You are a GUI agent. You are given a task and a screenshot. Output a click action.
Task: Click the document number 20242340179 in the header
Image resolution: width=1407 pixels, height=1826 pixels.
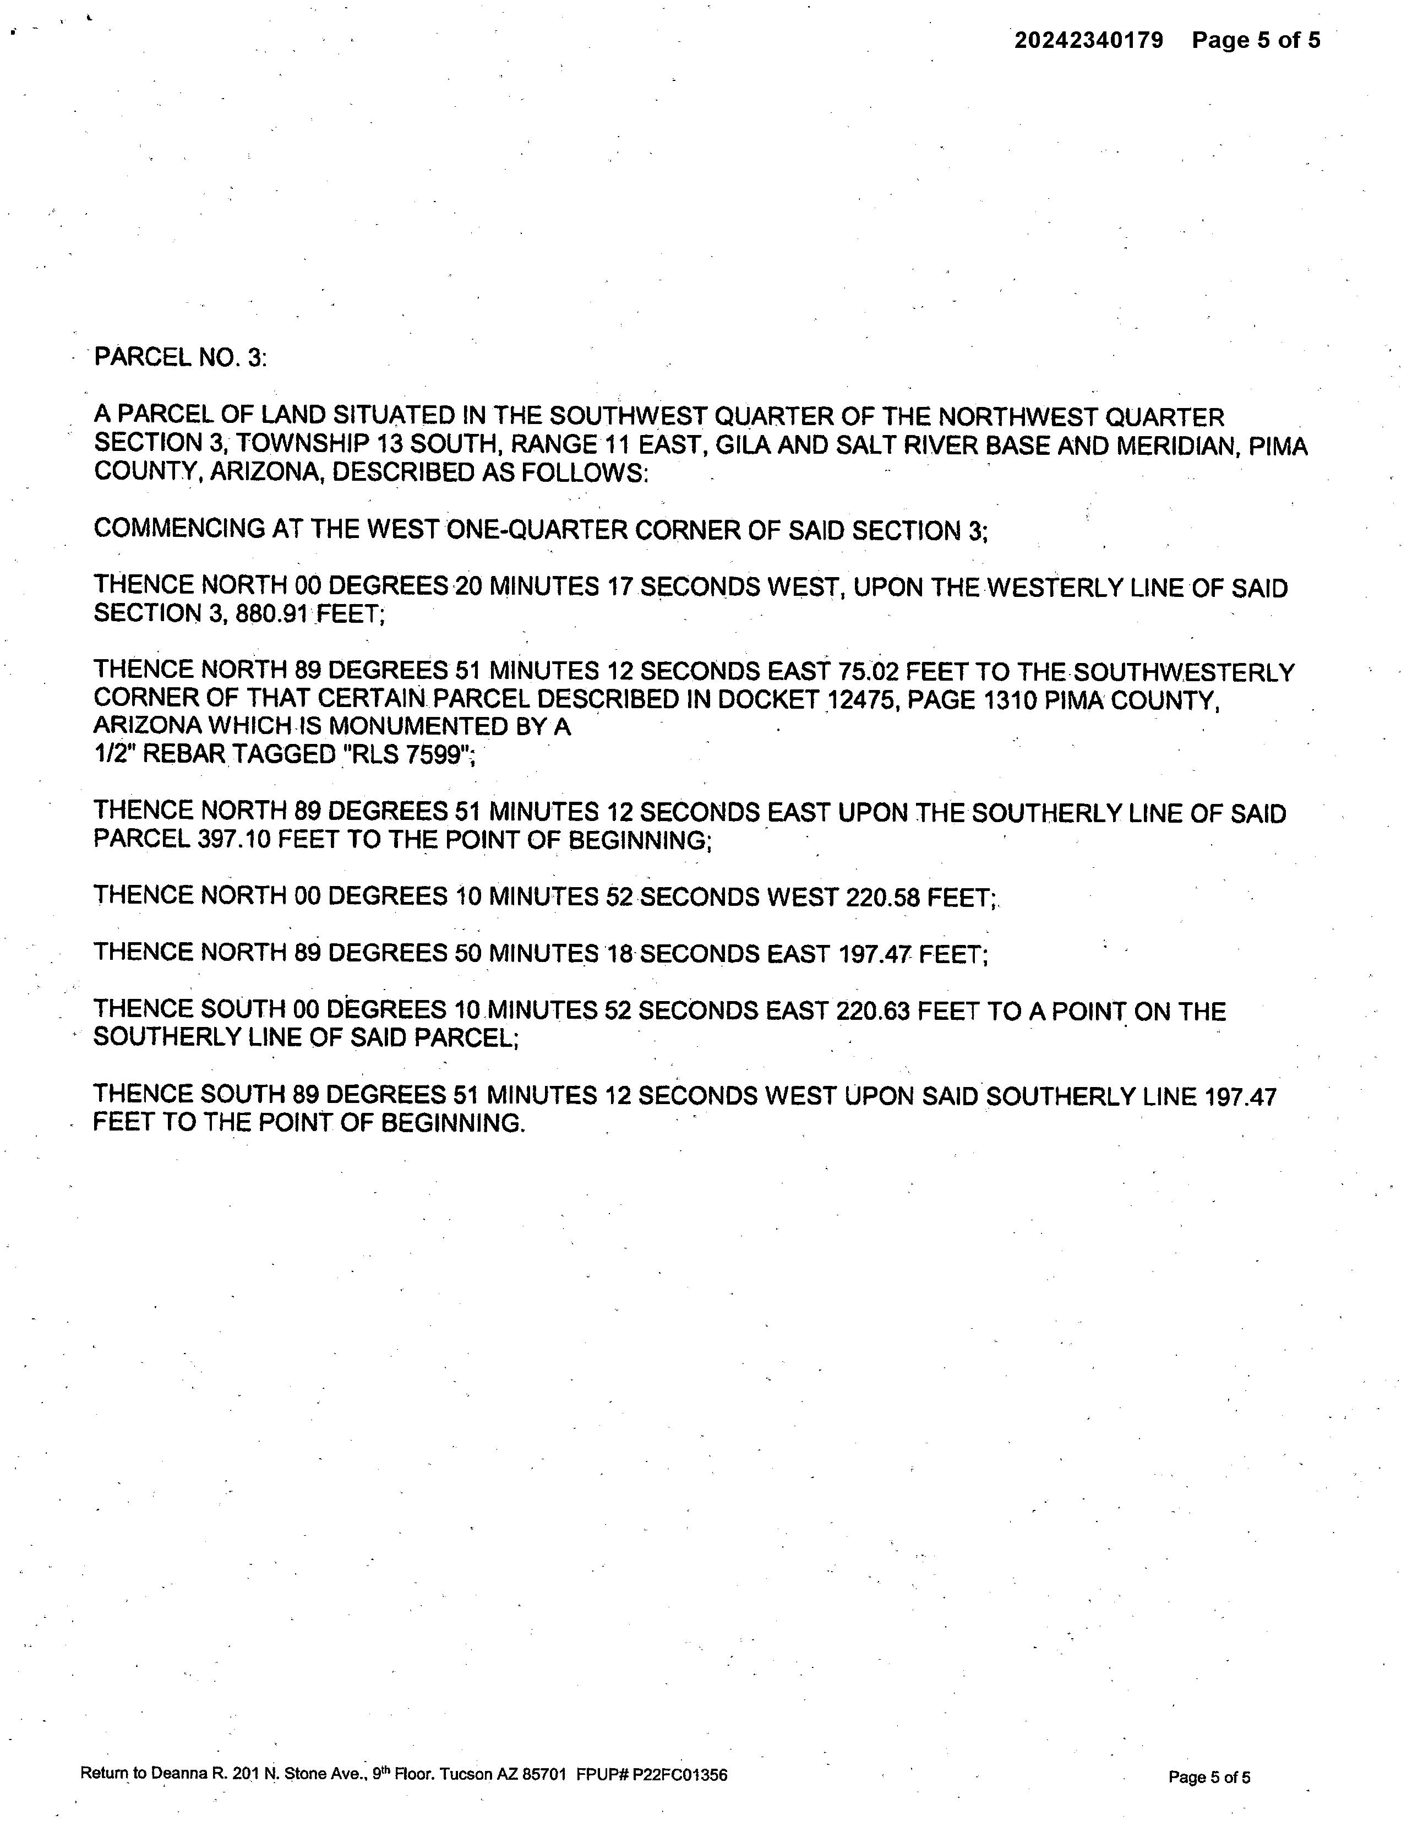(1088, 40)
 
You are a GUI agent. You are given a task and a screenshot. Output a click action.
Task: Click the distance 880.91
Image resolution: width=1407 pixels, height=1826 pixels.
(272, 615)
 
